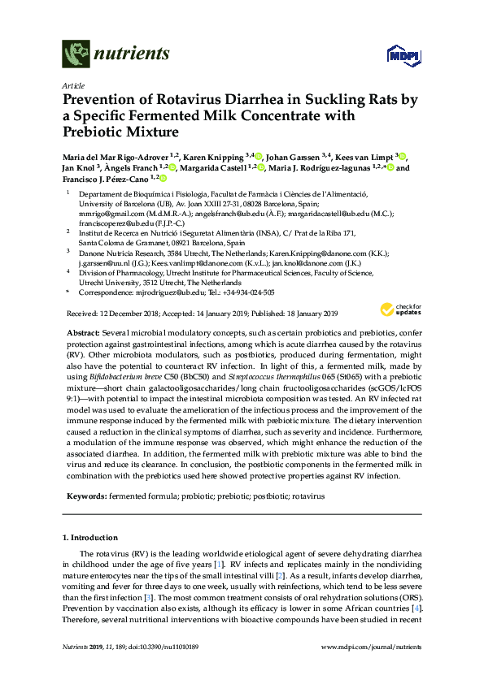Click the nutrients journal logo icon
pos(76,54)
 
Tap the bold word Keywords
pos(85,495)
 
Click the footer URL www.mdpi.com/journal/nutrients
pos(373,671)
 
